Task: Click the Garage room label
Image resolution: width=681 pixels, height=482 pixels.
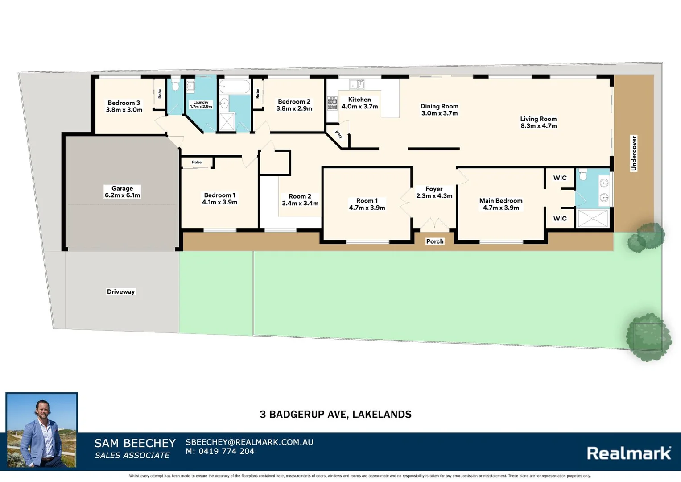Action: pos(122,192)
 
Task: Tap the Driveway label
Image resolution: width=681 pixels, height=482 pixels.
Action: pos(120,292)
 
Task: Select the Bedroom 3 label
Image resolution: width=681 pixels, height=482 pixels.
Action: pos(124,106)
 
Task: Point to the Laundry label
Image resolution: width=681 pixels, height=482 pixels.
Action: pos(201,104)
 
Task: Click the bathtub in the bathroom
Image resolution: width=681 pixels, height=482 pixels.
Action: pos(235,87)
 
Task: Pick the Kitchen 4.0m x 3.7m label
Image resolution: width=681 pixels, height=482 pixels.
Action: pos(359,103)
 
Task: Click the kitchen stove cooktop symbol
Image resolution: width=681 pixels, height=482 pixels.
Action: pos(332,104)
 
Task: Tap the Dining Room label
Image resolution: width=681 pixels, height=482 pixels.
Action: pos(439,110)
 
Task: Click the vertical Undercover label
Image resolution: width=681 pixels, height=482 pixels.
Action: pos(634,153)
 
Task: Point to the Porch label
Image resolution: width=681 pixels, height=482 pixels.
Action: pos(435,241)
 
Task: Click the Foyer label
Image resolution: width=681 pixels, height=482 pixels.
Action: pos(434,192)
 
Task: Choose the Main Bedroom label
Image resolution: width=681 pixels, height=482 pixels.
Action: pos(501,204)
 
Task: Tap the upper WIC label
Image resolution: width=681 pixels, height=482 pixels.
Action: pos(560,178)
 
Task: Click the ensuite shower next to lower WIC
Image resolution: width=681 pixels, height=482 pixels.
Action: pos(593,219)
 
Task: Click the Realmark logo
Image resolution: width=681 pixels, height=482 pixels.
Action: pos(629,453)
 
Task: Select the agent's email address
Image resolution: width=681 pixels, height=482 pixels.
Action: pos(249,442)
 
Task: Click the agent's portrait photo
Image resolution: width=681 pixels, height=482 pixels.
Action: pos(41,430)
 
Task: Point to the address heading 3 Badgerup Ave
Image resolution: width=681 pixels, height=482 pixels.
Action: pos(335,415)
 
